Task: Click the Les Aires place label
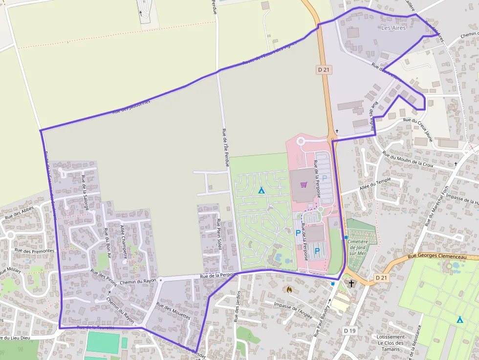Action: point(393,28)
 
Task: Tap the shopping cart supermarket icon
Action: point(304,185)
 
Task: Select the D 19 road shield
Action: point(349,331)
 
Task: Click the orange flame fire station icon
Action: point(289,290)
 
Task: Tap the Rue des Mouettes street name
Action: point(173,311)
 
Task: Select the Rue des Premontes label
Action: point(34,251)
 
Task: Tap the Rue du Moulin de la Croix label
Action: point(408,160)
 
